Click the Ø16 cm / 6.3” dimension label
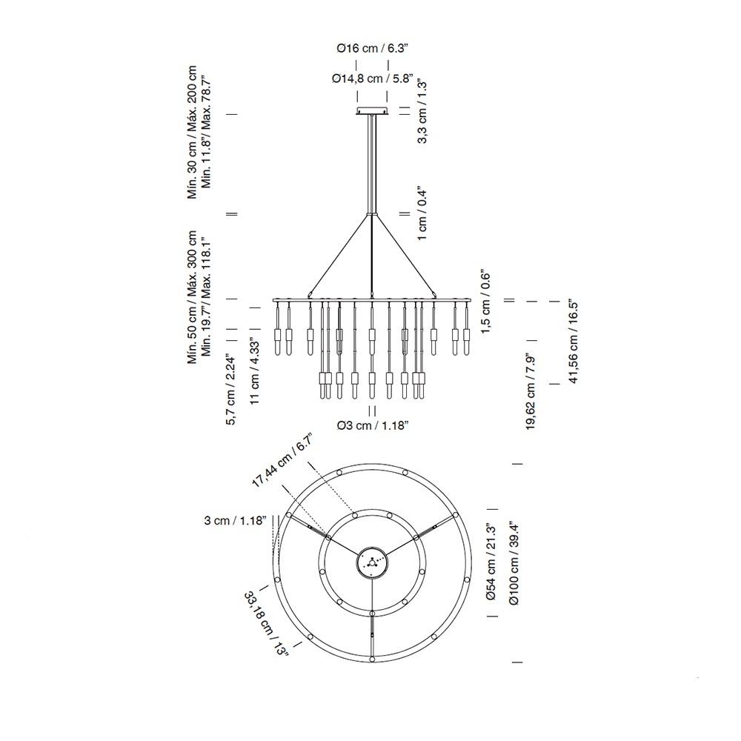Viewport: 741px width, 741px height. click(x=372, y=48)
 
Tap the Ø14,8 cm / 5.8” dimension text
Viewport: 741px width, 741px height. click(x=372, y=79)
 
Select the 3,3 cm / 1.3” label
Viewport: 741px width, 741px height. click(x=422, y=112)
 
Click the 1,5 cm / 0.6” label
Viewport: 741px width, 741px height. click(x=486, y=303)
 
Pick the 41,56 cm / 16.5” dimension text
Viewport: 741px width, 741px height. click(x=573, y=341)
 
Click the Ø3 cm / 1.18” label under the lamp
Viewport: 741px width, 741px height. click(x=373, y=426)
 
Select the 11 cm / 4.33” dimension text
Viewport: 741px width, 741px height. click(x=255, y=370)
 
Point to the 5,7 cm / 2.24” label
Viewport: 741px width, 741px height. click(x=230, y=389)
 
